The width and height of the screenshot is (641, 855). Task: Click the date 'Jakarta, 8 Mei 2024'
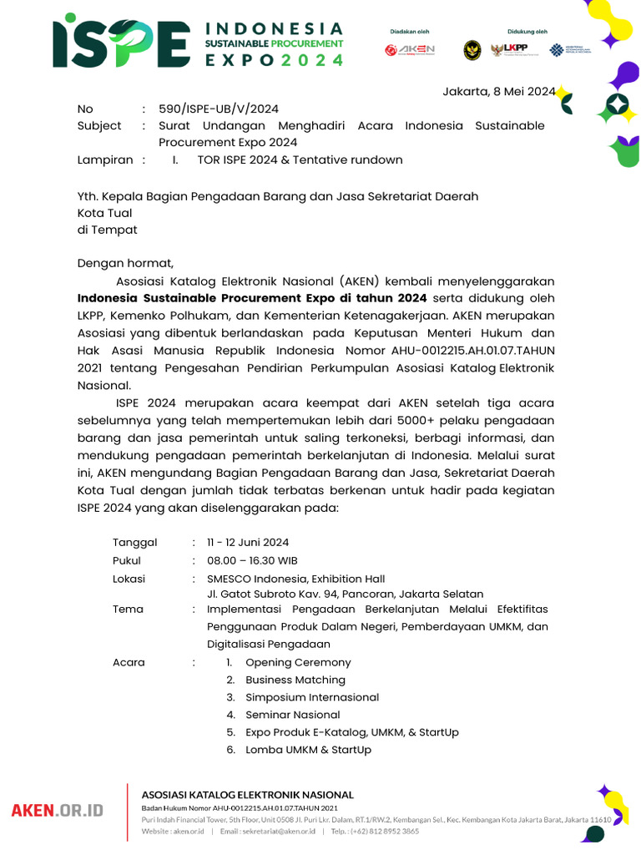coord(498,92)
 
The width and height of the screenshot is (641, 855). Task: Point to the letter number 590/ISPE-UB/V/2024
coord(219,109)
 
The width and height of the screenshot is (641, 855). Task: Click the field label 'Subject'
coord(99,126)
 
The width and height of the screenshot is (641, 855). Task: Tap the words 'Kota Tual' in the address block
coord(105,214)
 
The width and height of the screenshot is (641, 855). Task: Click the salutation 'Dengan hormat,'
coord(125,264)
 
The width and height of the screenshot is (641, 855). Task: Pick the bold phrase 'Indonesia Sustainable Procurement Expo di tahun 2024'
coord(252,299)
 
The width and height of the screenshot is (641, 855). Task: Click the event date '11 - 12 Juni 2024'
coord(248,543)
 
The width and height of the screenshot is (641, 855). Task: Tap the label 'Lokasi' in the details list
coord(129,579)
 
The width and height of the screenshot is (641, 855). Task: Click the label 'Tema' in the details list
coord(128,610)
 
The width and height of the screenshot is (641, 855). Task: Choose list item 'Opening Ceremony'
coord(298,663)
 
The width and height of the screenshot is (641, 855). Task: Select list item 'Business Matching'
coord(295,680)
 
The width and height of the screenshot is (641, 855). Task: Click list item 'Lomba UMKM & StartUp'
coord(308,750)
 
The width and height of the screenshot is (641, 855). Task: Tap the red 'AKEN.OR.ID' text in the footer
coord(57,810)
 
